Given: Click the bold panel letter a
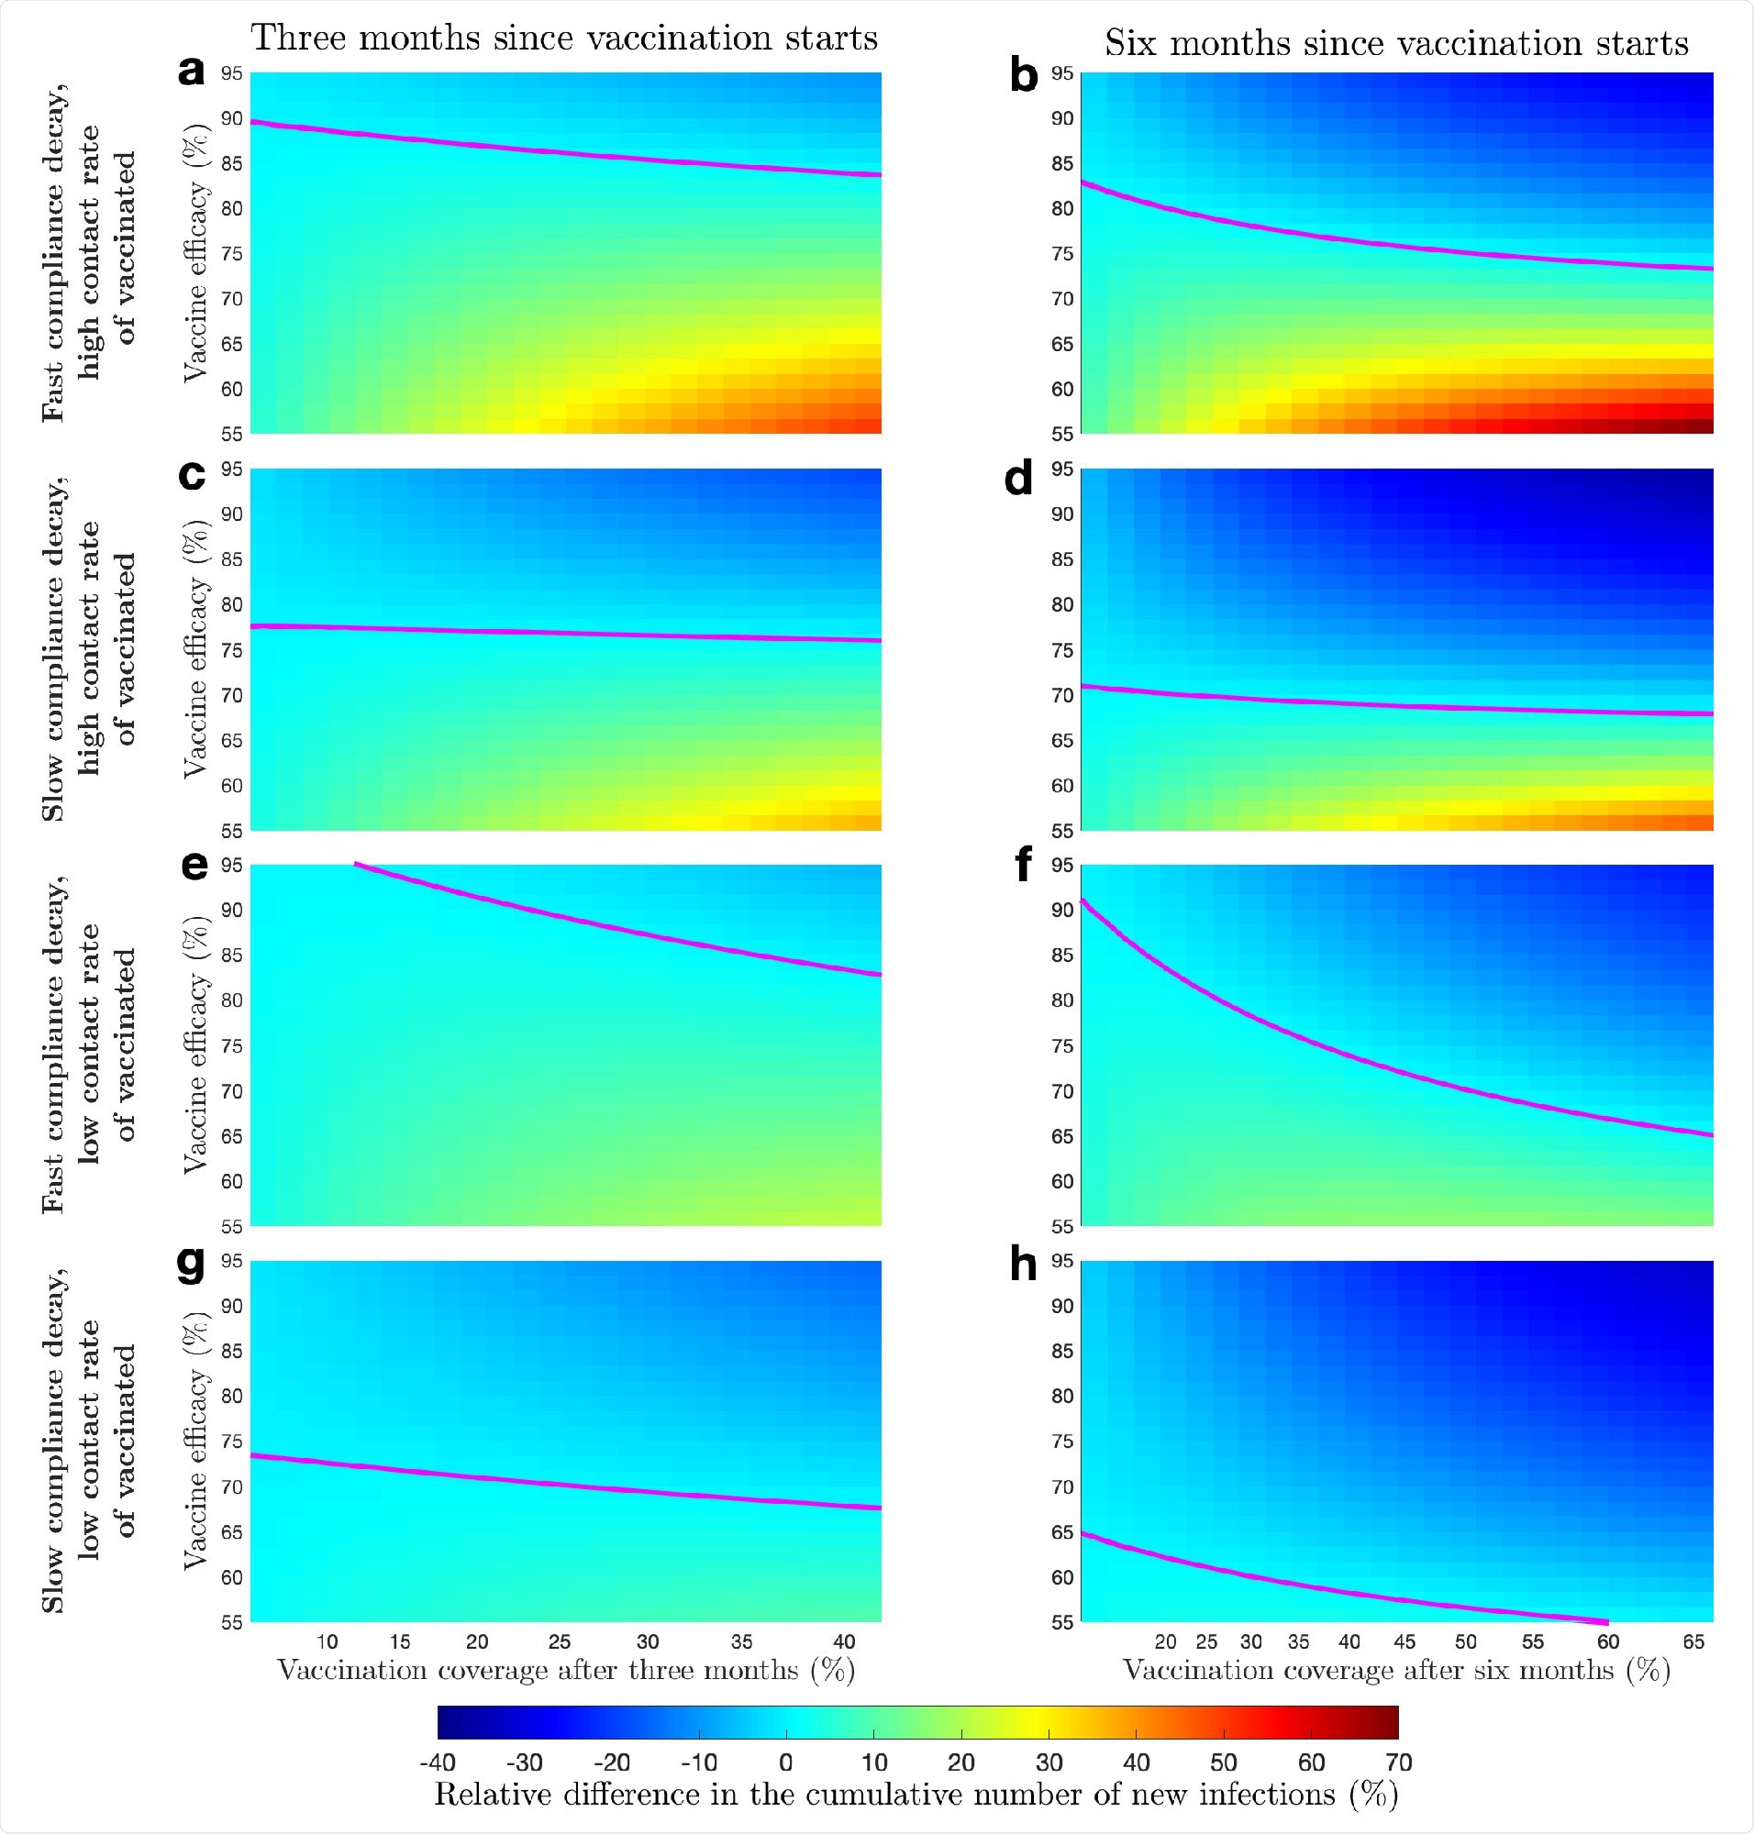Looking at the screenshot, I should click(x=191, y=72).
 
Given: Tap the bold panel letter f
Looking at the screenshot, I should click(x=1023, y=864).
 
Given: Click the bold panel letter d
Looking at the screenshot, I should click(x=1018, y=479).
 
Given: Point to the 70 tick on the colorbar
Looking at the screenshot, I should click(x=1398, y=1762).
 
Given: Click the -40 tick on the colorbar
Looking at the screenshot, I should click(x=437, y=1762).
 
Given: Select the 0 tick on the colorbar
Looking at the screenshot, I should click(x=785, y=1762).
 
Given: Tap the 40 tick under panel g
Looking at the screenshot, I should click(x=843, y=1641).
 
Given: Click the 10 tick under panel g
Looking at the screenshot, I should click(x=327, y=1641).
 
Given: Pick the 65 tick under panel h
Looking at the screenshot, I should click(x=1693, y=1641).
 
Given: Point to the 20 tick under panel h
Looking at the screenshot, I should click(x=1165, y=1641).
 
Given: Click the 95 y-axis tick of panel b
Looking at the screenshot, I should click(x=1062, y=73).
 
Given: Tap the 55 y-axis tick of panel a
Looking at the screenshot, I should click(x=231, y=434).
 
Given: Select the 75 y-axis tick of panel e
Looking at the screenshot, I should click(x=231, y=1046).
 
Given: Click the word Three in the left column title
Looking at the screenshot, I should click(x=298, y=39).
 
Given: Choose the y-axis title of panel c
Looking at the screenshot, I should click(x=194, y=649).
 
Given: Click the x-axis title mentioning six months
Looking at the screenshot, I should click(x=1396, y=1671).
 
